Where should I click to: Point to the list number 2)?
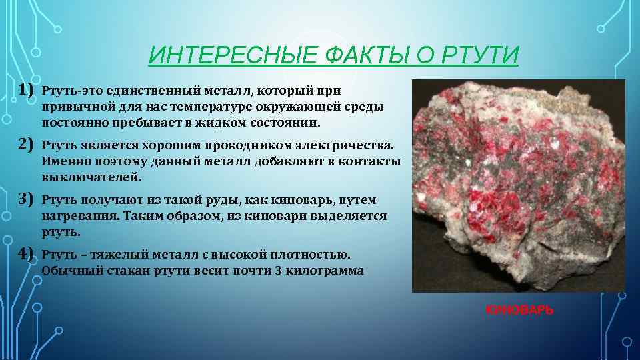click(x=26, y=144)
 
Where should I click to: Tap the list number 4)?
click(x=26, y=254)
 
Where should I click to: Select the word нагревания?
click(x=76, y=217)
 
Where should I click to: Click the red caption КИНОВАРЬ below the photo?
click(x=519, y=310)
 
